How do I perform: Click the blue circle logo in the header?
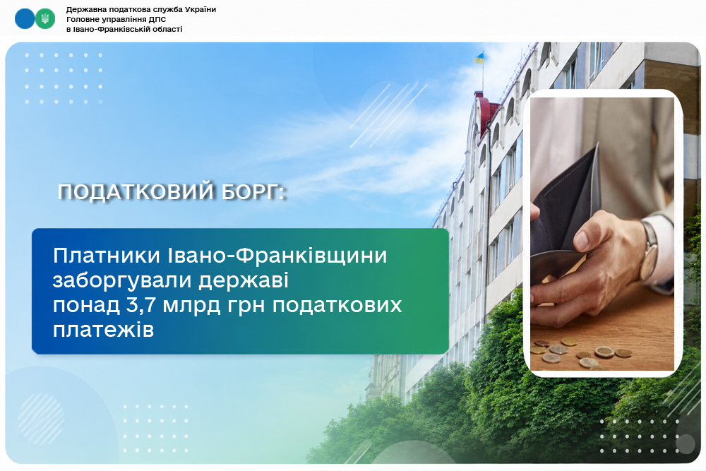[x=24, y=19]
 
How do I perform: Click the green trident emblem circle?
[x=45, y=19]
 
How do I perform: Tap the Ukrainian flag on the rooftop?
[x=479, y=58]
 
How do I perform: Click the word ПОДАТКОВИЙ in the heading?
[x=136, y=192]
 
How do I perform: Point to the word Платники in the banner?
[x=107, y=256]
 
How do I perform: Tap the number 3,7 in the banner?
[x=138, y=306]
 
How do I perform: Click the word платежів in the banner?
[x=104, y=330]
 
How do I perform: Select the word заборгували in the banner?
[x=122, y=281]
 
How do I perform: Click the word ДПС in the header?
[x=157, y=19]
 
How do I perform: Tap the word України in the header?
[x=201, y=9]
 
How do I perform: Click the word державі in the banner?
[x=244, y=281]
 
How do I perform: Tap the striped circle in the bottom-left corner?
[x=41, y=419]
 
